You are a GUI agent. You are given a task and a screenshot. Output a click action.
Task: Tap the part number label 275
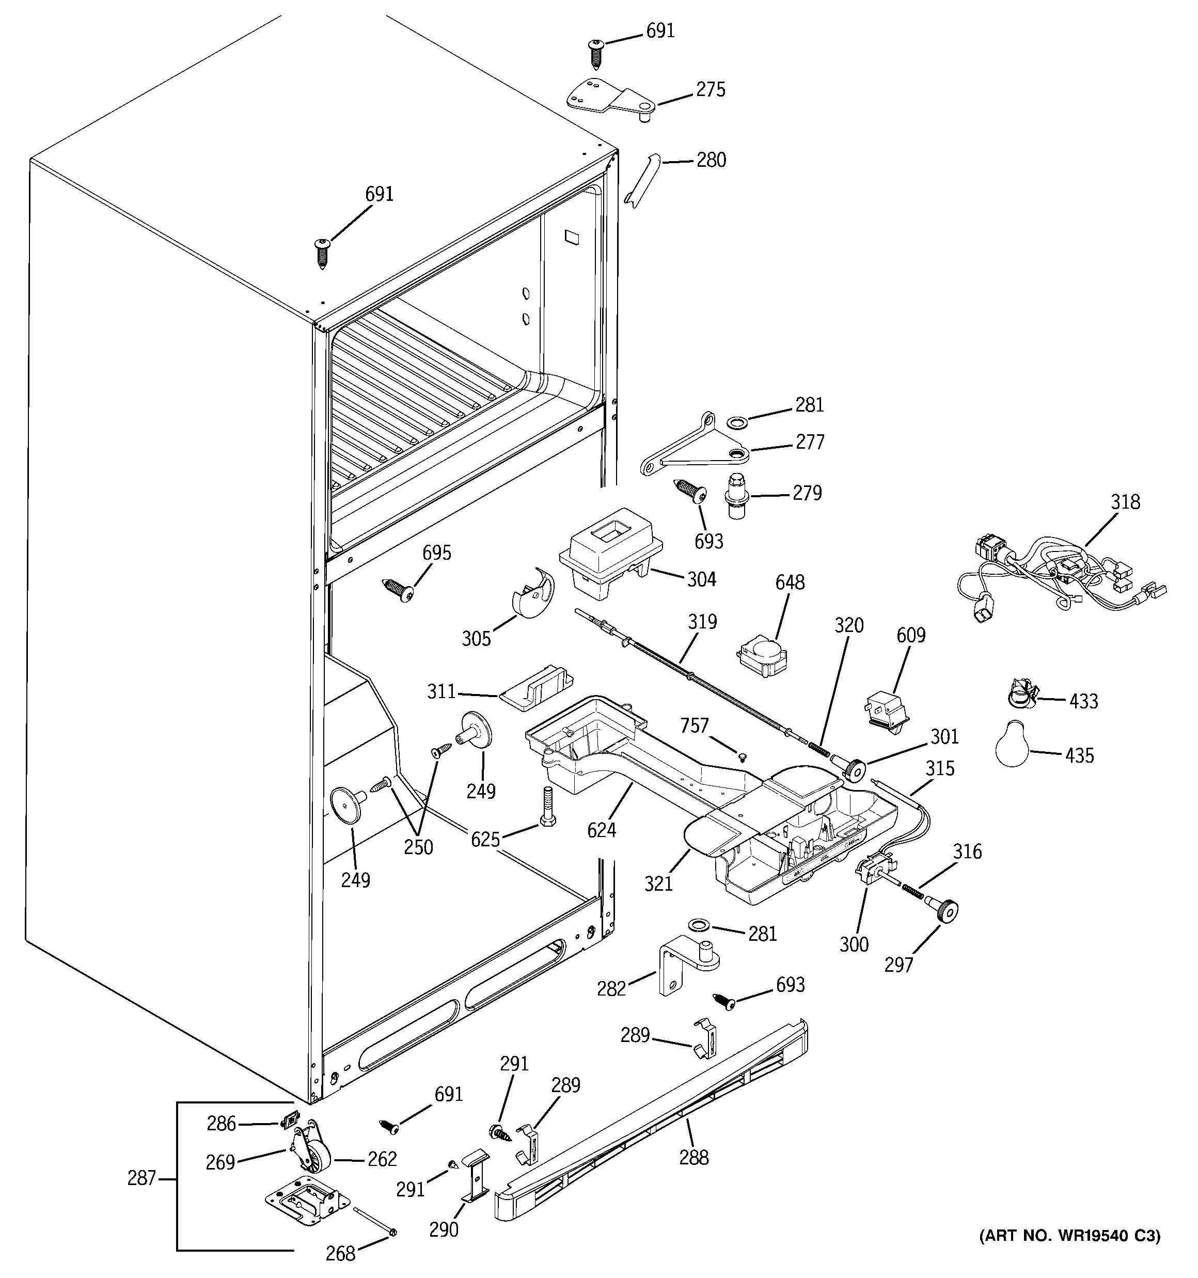pyautogui.click(x=711, y=89)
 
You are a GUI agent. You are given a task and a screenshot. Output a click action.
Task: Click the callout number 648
pyautogui.click(x=789, y=582)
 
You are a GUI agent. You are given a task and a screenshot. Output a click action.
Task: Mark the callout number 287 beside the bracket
pyautogui.click(x=141, y=1178)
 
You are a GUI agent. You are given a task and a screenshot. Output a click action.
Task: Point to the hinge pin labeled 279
pyautogui.click(x=737, y=496)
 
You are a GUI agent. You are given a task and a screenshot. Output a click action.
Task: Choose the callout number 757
pyautogui.click(x=694, y=726)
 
